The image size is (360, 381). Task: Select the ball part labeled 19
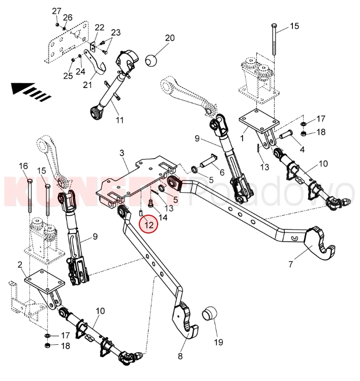coord(210,313)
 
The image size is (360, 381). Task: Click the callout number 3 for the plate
coord(122,153)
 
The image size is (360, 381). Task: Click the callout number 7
coord(291,265)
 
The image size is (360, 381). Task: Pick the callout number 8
coord(180,356)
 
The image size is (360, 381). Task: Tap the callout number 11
coord(120,121)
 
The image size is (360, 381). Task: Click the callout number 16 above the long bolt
coord(23,166)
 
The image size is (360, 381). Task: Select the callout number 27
coord(56,11)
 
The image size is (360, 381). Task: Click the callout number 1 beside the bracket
coord(243,137)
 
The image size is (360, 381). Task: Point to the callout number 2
coord(20,264)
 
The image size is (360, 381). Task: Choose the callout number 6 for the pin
coord(222,172)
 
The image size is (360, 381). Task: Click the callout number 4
coord(302,150)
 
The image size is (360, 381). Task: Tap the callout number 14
coord(163,217)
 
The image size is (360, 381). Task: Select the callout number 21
coord(86,84)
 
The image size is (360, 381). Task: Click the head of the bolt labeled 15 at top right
coord(274,25)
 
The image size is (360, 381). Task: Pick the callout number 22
coord(99,27)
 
